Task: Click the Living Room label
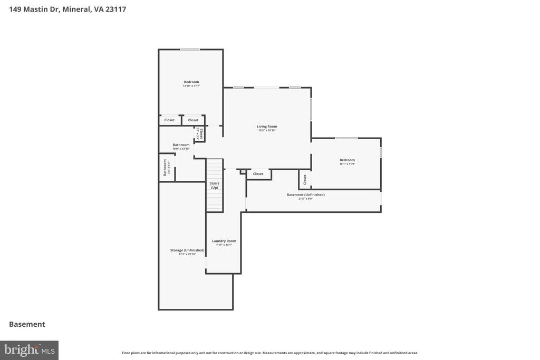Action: (x=267, y=127)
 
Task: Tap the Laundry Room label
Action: (x=224, y=241)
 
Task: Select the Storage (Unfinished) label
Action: (x=187, y=250)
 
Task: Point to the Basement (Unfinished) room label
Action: (x=306, y=194)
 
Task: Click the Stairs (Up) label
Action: (x=215, y=185)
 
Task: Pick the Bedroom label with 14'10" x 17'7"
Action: (x=191, y=82)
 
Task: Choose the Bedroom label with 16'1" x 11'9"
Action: (x=347, y=160)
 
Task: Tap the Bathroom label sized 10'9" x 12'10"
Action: (x=181, y=144)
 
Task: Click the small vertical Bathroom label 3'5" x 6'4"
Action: (x=165, y=167)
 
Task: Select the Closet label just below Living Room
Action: (x=258, y=174)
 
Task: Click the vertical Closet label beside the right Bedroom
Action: (x=305, y=179)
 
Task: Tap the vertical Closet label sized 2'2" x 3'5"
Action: (x=200, y=133)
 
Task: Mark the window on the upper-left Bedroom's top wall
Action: (x=190, y=50)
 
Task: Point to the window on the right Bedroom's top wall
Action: (x=346, y=138)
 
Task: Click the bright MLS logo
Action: (x=29, y=350)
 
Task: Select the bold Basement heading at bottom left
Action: (x=27, y=324)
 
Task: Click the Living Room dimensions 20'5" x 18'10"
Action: (x=267, y=131)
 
